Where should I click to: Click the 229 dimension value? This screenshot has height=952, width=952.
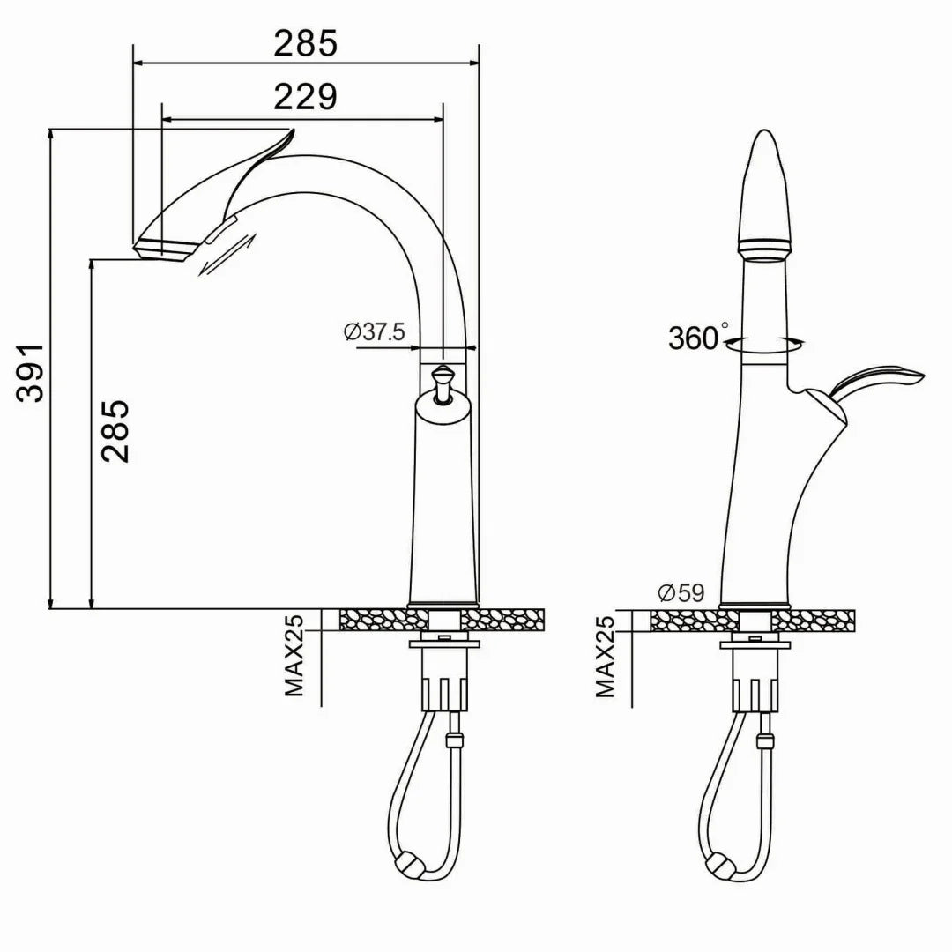tap(305, 97)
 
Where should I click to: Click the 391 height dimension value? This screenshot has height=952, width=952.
tap(30, 372)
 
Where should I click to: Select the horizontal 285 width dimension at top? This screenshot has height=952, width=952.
tap(305, 43)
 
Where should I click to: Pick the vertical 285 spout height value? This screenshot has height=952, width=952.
tap(115, 430)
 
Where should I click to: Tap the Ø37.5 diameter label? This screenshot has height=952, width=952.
tap(374, 332)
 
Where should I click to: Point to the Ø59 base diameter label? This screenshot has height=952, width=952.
tap(681, 592)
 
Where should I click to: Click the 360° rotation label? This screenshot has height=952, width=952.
tap(698, 338)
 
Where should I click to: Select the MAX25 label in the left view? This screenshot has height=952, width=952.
tap(294, 656)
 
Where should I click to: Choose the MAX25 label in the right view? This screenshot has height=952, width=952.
tap(605, 656)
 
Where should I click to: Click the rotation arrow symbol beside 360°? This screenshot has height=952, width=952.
tap(765, 345)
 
